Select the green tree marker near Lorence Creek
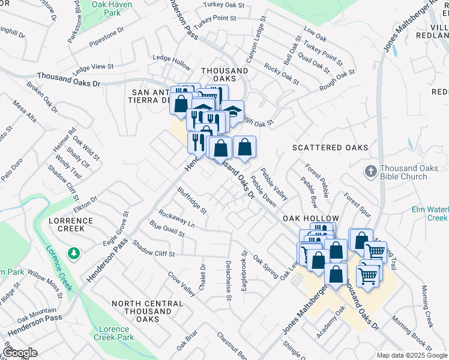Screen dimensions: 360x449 (73, 254)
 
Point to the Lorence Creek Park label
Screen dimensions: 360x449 (113, 333)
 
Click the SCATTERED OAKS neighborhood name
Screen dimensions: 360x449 (330, 148)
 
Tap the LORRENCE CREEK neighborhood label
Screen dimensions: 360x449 (71, 225)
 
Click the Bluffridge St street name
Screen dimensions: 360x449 (191, 200)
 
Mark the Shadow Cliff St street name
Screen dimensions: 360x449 (153, 249)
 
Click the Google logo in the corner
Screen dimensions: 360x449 (20, 353)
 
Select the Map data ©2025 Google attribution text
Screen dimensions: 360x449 (411, 355)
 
